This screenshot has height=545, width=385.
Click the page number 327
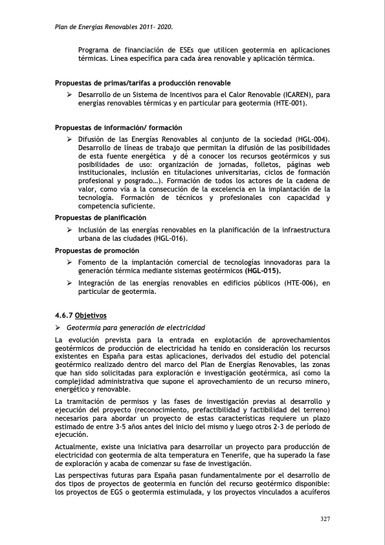click(x=325, y=518)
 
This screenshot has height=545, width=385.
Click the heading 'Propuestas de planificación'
click(x=101, y=217)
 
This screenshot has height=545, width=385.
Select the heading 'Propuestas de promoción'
click(x=97, y=250)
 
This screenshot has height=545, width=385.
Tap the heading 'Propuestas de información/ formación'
click(x=118, y=128)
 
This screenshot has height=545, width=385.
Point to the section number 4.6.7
click(x=64, y=316)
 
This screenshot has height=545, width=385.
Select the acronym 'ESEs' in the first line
click(x=186, y=50)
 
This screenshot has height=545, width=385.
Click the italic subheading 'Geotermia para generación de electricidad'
click(x=140, y=328)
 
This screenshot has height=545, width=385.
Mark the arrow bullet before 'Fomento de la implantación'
click(x=69, y=262)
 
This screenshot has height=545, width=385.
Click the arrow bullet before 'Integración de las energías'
click(x=69, y=283)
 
